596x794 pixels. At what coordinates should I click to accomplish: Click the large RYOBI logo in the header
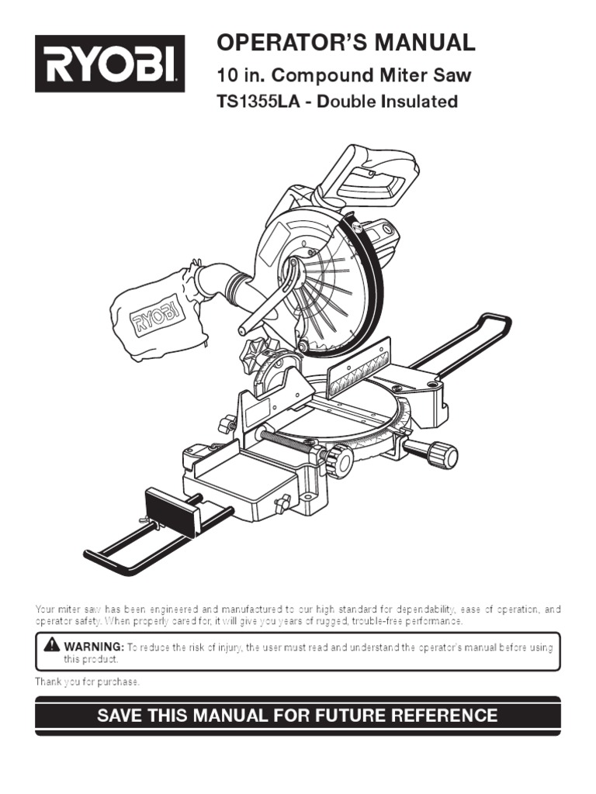click(x=109, y=64)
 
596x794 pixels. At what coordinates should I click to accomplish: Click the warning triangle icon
click(x=52, y=645)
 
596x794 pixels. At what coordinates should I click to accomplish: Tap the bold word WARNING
click(x=93, y=646)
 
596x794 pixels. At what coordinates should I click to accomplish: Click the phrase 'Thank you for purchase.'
click(x=87, y=681)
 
